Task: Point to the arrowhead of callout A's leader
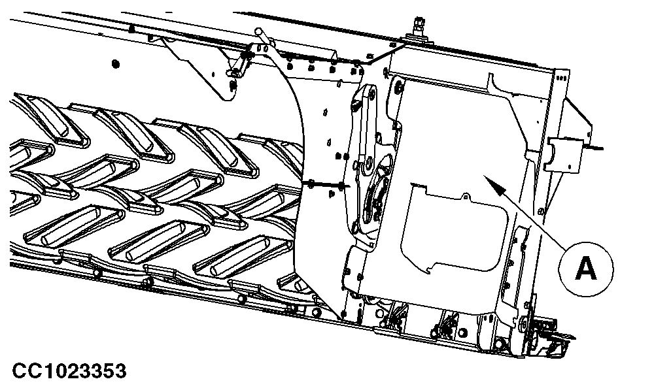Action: [493, 184]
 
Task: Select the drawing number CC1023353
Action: [69, 370]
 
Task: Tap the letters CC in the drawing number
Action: [26, 370]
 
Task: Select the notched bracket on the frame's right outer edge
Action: [564, 155]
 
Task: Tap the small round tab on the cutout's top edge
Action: [465, 196]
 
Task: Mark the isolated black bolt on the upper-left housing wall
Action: [116, 64]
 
